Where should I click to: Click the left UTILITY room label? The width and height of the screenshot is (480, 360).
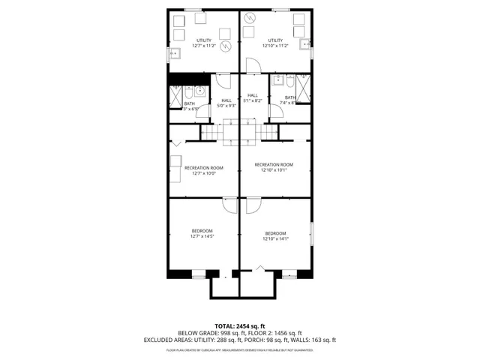tap(203, 40)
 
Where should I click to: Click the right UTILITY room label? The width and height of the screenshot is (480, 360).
tap(275, 40)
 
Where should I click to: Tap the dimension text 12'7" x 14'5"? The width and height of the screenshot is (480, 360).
tap(202, 236)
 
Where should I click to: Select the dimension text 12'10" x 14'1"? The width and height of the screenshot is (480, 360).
tap(275, 239)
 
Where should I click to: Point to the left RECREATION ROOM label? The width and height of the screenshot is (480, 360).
tap(204, 167)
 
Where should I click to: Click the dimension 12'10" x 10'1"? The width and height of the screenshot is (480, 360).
tap(274, 170)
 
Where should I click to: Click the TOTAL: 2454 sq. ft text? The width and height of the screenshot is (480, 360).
tap(239, 326)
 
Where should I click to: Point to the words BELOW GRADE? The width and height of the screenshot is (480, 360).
tap(193, 333)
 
